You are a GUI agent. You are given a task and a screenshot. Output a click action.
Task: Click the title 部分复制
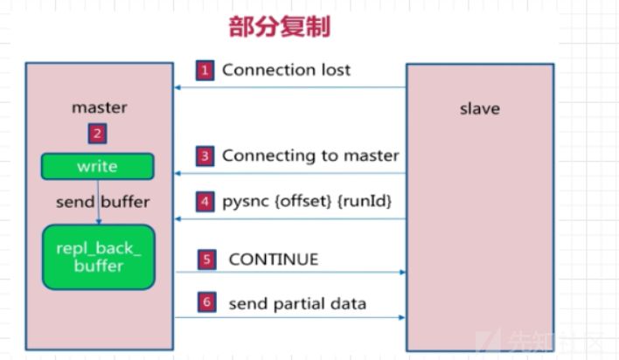[x=280, y=27]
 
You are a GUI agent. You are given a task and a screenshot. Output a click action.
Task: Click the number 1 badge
[x=205, y=70]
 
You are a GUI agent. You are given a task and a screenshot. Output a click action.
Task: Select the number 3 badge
[x=205, y=156]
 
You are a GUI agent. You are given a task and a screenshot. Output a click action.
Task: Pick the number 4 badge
[x=205, y=202]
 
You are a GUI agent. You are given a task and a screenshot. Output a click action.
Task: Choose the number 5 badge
[x=206, y=260]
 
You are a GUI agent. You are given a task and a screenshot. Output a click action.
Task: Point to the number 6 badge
[x=206, y=303]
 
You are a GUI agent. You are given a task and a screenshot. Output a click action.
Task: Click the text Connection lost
[x=286, y=70]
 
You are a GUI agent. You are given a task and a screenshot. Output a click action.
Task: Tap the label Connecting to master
[x=310, y=156]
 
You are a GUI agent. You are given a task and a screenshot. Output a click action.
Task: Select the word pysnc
[x=247, y=202]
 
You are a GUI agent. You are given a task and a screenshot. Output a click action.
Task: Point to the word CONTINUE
[x=273, y=260]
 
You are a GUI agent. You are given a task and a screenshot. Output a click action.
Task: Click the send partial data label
[x=297, y=304]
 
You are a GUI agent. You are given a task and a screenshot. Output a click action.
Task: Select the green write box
[x=98, y=166]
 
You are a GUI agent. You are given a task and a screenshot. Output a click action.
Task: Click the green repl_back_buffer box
[x=98, y=257]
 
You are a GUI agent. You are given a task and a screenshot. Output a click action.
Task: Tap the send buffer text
[x=103, y=202]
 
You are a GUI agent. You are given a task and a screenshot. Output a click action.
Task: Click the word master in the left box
[x=99, y=108]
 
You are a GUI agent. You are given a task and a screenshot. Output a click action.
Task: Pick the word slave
[x=479, y=108]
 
